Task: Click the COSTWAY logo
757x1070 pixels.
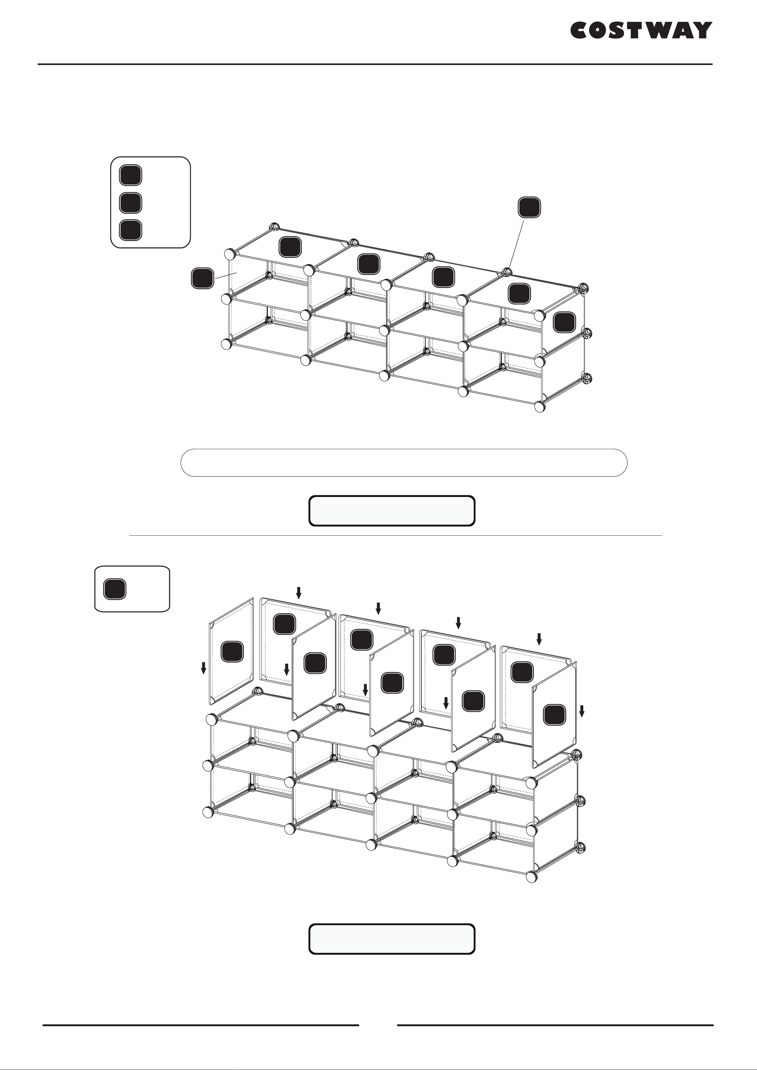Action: point(641,30)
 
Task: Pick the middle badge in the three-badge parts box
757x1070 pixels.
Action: point(131,203)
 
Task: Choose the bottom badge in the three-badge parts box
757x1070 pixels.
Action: point(131,230)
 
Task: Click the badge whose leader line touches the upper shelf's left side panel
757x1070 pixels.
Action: point(203,278)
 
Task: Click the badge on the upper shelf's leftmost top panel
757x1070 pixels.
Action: point(290,247)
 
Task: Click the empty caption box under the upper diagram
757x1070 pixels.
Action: point(392,511)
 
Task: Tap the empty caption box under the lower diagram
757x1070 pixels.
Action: point(392,939)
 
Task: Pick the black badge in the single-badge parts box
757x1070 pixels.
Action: point(114,589)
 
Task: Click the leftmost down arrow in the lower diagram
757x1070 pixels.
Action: point(203,668)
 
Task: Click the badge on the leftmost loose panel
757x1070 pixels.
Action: point(232,651)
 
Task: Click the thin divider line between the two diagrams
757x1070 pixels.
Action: point(395,536)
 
